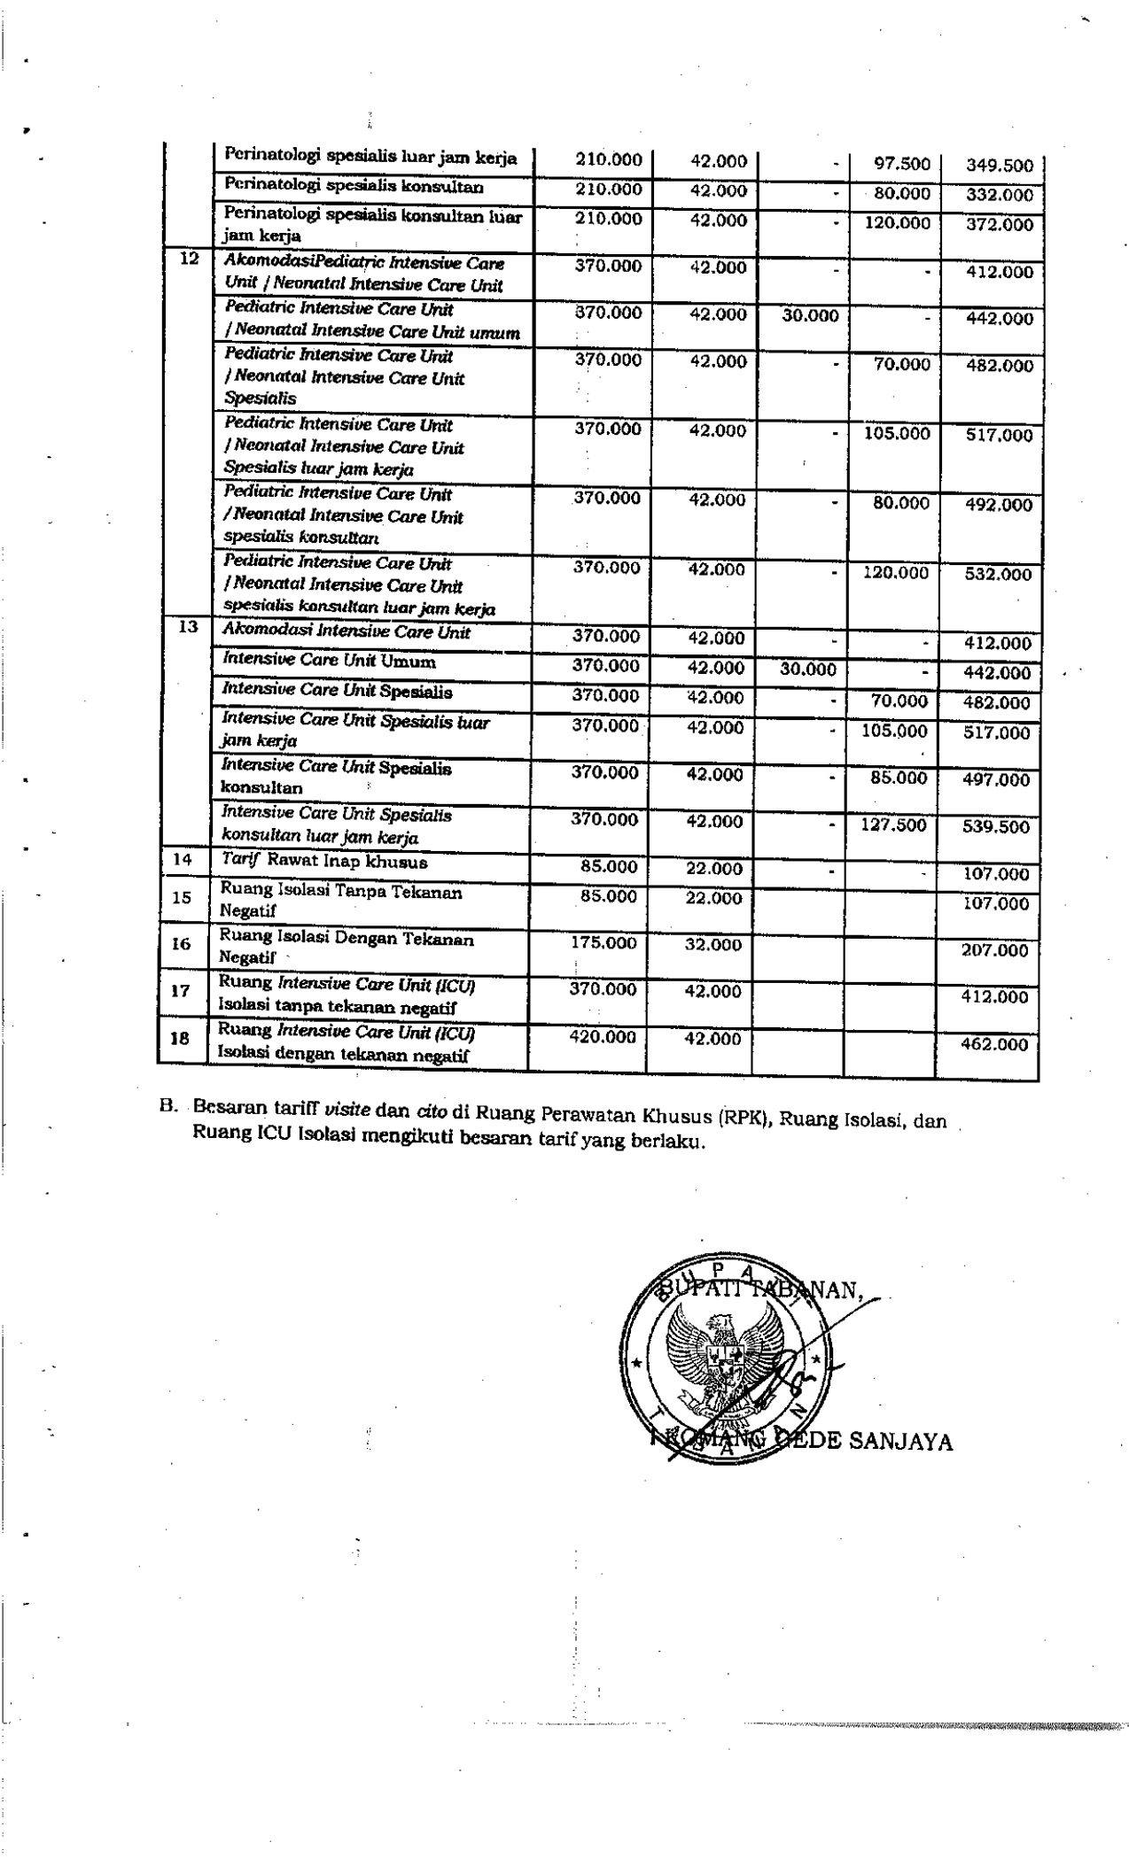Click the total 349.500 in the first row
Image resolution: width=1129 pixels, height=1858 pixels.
[1000, 166]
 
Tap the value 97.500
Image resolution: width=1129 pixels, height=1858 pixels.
[902, 164]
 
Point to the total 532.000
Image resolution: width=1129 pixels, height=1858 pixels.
[998, 574]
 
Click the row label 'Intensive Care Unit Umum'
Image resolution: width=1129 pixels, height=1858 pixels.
[329, 662]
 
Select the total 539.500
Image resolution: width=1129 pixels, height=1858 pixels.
[996, 827]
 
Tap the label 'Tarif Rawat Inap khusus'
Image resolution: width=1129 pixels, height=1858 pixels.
[324, 861]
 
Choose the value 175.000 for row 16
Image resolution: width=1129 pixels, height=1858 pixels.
[603, 943]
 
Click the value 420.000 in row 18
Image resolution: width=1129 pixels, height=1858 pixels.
[603, 1037]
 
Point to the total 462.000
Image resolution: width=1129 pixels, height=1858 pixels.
[994, 1044]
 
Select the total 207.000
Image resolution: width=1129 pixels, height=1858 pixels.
[994, 950]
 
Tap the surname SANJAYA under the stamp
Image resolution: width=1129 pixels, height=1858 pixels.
[900, 1443]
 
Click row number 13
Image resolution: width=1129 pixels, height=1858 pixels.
[187, 627]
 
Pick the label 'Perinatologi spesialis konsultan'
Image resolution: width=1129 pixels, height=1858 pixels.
[354, 187]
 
